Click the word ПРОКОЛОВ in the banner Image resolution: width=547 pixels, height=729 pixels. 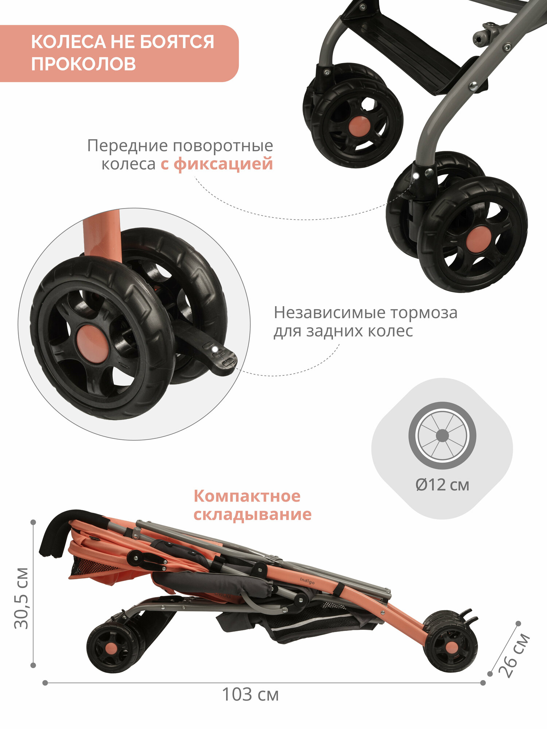83,64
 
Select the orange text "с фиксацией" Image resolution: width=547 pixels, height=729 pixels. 217,164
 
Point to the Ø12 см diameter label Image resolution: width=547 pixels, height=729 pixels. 442,485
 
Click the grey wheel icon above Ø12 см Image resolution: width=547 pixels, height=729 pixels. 442,435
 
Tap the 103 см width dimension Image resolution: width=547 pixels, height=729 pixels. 250,695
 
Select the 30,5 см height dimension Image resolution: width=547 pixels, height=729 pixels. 21,598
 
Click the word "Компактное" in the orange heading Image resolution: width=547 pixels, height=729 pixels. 247,496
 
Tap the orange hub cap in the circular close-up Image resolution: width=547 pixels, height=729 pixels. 92,344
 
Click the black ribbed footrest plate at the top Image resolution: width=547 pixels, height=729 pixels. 405,51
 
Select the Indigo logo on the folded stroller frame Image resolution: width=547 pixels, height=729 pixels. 307,581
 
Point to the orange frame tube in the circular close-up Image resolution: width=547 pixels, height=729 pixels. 102,237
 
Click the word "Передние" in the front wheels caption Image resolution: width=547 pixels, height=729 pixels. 128,145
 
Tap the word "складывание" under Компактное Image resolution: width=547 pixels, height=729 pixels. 252,514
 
